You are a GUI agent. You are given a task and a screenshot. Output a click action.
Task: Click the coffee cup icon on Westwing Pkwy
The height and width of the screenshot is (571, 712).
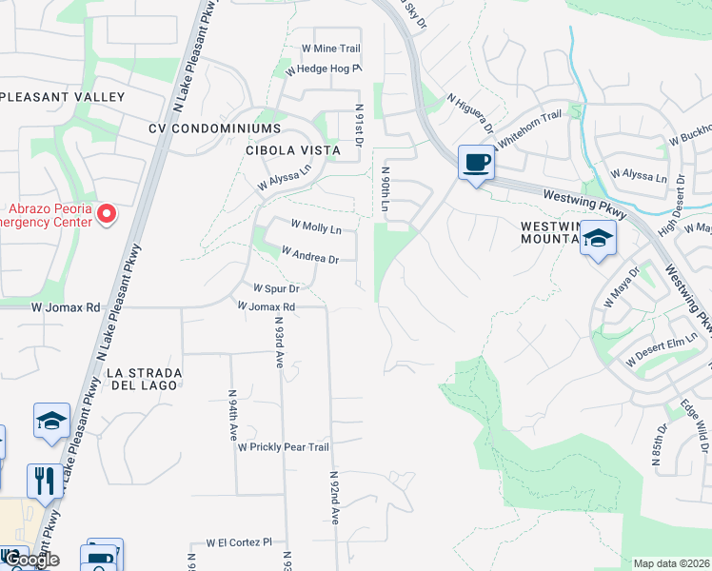(x=475, y=162)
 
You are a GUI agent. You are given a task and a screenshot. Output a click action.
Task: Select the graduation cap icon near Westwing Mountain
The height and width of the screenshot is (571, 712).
(x=598, y=239)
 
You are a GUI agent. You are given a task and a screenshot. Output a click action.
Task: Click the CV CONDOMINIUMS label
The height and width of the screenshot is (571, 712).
(x=214, y=128)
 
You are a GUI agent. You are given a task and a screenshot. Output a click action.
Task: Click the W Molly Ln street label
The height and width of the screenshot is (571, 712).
(x=315, y=227)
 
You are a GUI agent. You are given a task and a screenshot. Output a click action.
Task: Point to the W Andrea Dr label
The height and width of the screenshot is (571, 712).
(x=309, y=255)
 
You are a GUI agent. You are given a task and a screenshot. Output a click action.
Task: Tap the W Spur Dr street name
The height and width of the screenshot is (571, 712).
(x=276, y=287)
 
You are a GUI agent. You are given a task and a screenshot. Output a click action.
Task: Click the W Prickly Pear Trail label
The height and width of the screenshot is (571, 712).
(x=283, y=446)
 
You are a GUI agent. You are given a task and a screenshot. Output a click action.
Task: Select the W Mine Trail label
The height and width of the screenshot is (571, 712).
(x=330, y=49)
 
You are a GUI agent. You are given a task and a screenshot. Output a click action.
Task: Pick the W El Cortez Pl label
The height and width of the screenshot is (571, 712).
(x=239, y=542)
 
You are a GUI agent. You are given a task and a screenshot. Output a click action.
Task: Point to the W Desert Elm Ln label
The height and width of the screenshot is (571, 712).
(x=663, y=354)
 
